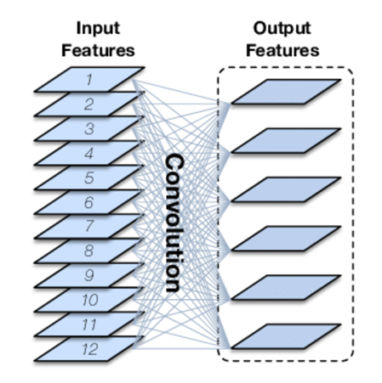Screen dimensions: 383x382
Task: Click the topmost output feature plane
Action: (x=286, y=91)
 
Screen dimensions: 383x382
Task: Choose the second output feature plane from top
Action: (x=286, y=140)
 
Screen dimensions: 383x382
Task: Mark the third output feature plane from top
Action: (x=286, y=189)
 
